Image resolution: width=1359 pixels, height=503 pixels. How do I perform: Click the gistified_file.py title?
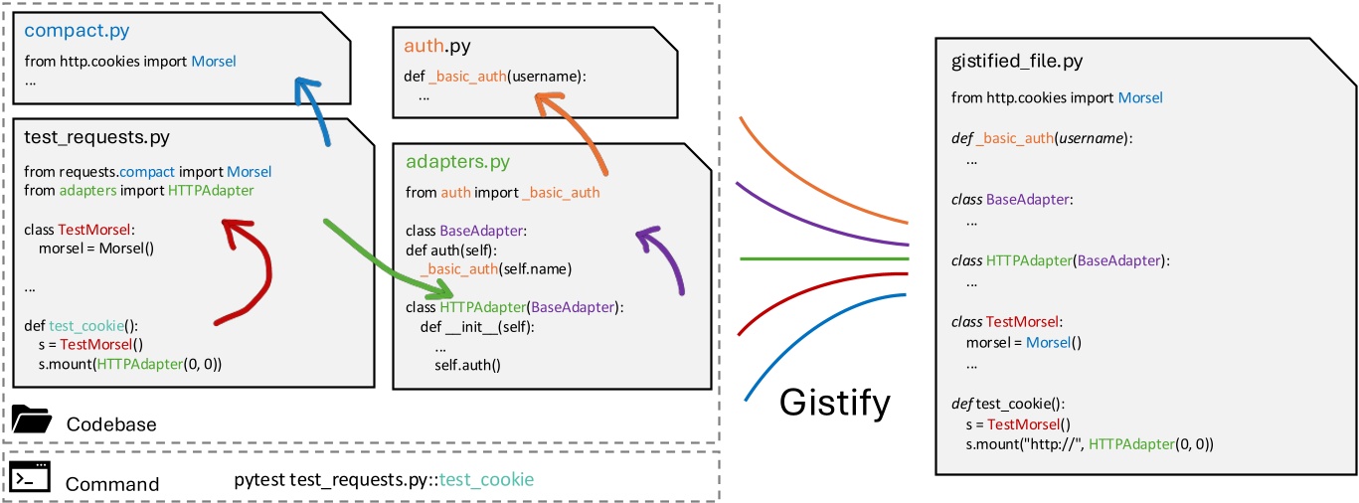click(1017, 62)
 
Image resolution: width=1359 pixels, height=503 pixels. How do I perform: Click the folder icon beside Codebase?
click(32, 421)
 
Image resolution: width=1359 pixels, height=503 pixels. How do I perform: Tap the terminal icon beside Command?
click(31, 479)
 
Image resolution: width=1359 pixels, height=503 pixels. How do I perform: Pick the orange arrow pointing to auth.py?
click(578, 129)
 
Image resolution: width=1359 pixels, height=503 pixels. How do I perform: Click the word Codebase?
click(111, 423)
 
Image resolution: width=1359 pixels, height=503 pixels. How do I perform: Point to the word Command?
click(112, 484)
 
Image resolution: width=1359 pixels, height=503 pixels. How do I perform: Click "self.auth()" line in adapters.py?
click(468, 365)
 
